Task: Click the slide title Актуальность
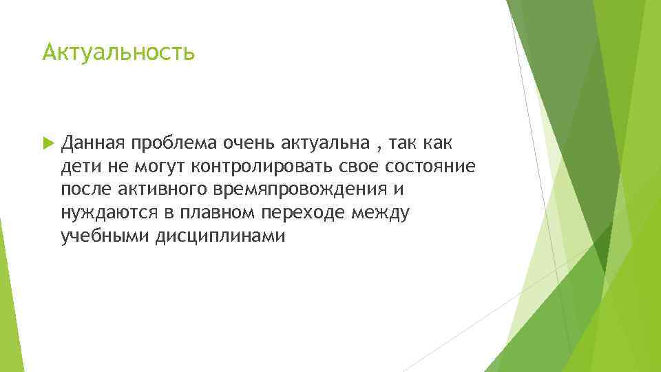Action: pyautogui.click(x=118, y=52)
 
